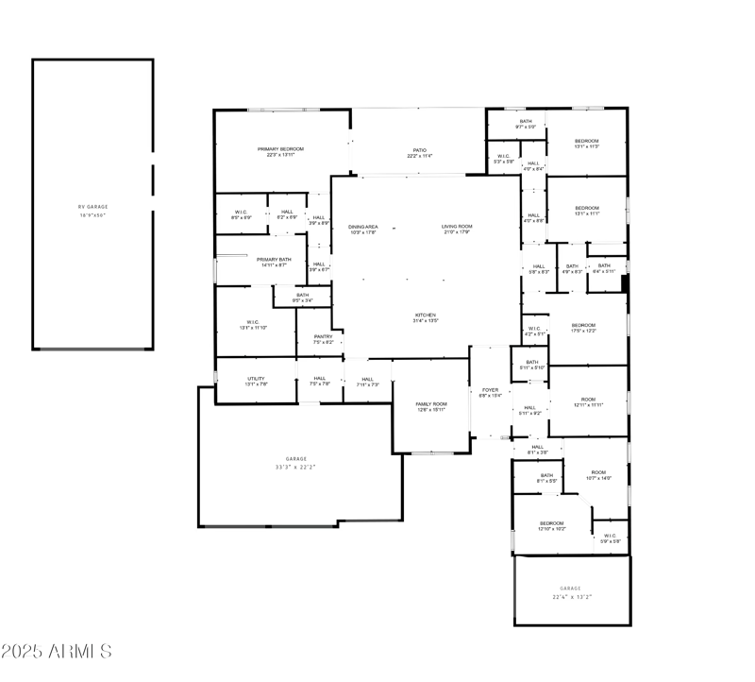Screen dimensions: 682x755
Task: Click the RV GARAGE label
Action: click(x=93, y=207)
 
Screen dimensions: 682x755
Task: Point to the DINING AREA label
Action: click(x=363, y=227)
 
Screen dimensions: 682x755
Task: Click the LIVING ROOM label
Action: click(x=457, y=227)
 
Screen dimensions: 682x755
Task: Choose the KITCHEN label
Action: click(x=426, y=315)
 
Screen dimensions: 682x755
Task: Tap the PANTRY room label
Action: click(x=323, y=336)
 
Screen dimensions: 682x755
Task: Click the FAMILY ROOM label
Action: click(x=431, y=404)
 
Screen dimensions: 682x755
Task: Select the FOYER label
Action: click(x=490, y=389)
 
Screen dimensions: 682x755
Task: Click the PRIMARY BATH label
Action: click(x=273, y=259)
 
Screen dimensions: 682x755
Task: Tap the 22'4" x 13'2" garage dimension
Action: click(x=571, y=596)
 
